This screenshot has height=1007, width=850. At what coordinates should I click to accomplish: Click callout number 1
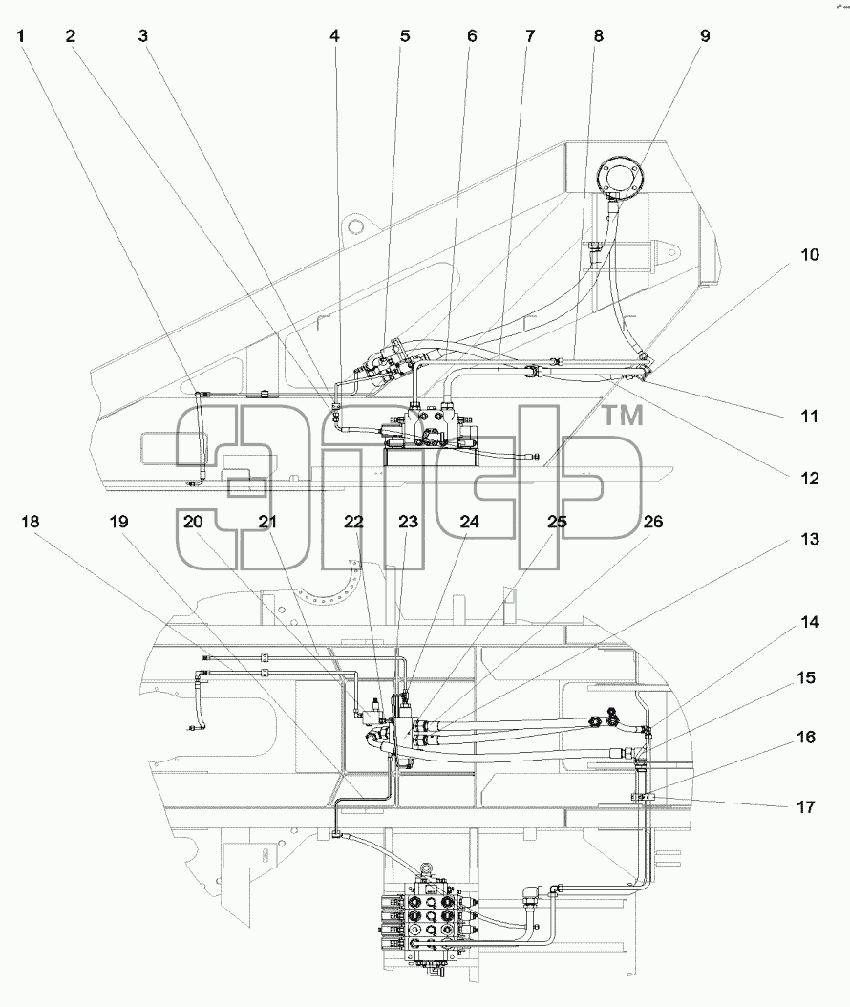coord(21,36)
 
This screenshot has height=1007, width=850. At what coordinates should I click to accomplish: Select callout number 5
coord(404,36)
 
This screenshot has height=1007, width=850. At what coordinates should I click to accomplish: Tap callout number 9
coord(705,36)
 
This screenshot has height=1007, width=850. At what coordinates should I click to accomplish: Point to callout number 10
coord(810,255)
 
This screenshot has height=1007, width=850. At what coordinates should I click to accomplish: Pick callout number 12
coord(810,479)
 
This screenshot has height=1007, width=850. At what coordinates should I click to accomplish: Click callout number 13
coord(810,539)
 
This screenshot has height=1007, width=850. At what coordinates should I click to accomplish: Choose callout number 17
coord(806,806)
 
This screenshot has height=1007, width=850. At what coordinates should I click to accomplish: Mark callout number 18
coord(31,522)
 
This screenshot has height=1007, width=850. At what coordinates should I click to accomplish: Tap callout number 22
coord(353,522)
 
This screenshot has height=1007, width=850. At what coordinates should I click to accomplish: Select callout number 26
coord(653,522)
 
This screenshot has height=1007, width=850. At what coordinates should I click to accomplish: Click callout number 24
coord(469,522)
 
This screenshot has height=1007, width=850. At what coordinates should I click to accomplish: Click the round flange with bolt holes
coord(618,174)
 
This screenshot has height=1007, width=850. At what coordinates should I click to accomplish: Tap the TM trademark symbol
coord(622,416)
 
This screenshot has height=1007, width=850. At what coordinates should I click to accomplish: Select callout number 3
coord(142,36)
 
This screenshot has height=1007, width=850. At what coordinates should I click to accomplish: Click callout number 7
coord(530,36)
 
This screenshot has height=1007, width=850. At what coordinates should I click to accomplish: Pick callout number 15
coord(806,678)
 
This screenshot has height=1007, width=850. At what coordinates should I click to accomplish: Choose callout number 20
coord(193,522)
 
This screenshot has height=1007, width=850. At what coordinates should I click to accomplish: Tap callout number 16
coord(806,738)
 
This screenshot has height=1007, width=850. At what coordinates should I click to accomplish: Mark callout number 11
coord(810,417)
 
